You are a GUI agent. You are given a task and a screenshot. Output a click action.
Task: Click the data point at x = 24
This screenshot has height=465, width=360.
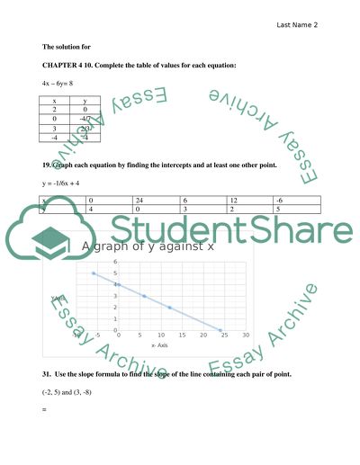pyautogui.click(x=221, y=329)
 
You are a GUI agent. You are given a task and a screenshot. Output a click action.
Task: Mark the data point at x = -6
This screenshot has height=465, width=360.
pyautogui.click(x=94, y=273)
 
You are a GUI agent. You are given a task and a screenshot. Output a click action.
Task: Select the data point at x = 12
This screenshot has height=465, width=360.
pyautogui.click(x=170, y=308)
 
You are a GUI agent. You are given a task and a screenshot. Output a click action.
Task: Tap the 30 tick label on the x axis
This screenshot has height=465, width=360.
pyautogui.click(x=246, y=336)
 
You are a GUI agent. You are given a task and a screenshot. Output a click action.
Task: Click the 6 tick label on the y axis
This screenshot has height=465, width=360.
pyautogui.click(x=115, y=263)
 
